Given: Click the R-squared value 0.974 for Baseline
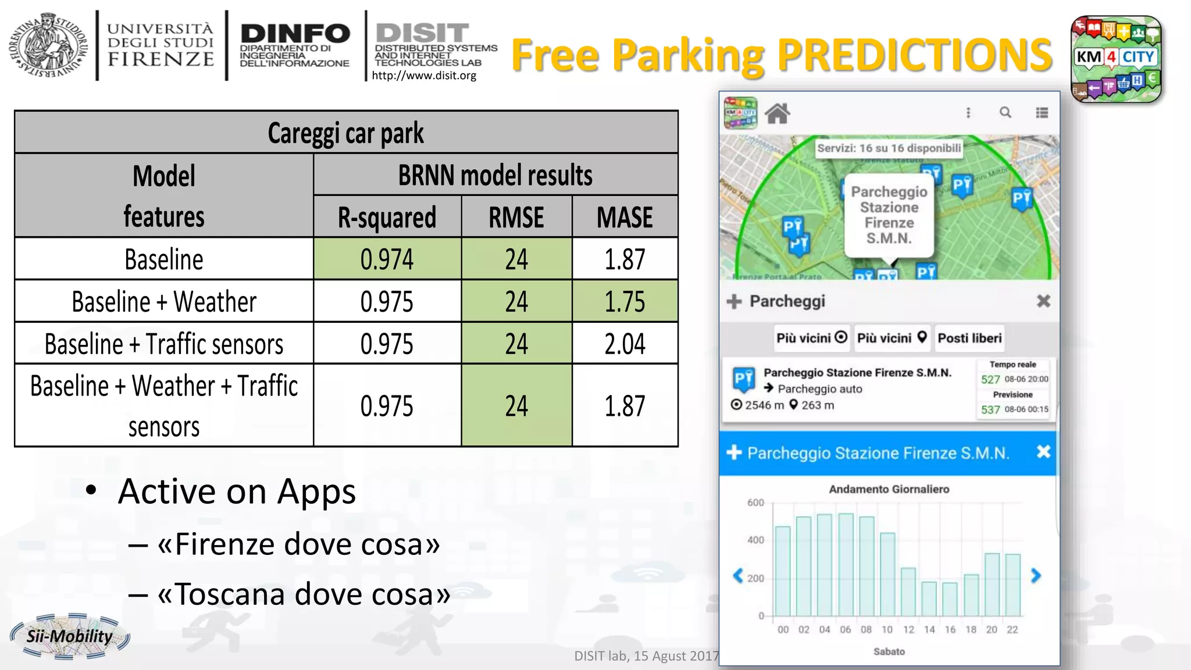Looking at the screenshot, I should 387,259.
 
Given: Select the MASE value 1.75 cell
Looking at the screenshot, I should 625,302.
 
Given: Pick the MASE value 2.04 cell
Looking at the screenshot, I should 625,344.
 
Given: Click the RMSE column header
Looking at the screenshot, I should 516,218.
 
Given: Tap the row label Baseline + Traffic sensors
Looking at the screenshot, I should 164,344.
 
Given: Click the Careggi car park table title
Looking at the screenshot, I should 346,133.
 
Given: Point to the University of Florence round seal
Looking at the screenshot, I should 48,45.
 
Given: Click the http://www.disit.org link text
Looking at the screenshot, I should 424,76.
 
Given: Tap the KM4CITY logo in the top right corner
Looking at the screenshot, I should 1115,59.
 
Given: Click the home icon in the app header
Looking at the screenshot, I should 778,113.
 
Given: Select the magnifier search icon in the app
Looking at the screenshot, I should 1005,113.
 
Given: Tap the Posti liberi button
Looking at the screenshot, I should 969,338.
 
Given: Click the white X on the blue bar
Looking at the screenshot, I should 1043,452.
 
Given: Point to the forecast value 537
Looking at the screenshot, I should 990,410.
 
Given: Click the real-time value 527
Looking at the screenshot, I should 990,380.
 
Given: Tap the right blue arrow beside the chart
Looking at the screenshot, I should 1036,576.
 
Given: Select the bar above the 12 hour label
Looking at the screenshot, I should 908,591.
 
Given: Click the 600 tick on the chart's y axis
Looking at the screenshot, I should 755,502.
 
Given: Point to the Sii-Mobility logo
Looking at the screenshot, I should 70,636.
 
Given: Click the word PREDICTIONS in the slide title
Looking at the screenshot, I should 914,55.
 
